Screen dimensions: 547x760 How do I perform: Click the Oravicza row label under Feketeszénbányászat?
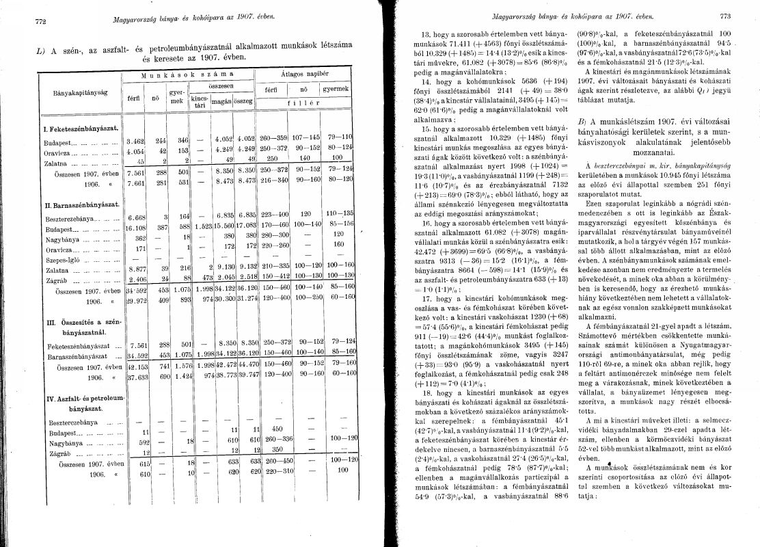(59, 152)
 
